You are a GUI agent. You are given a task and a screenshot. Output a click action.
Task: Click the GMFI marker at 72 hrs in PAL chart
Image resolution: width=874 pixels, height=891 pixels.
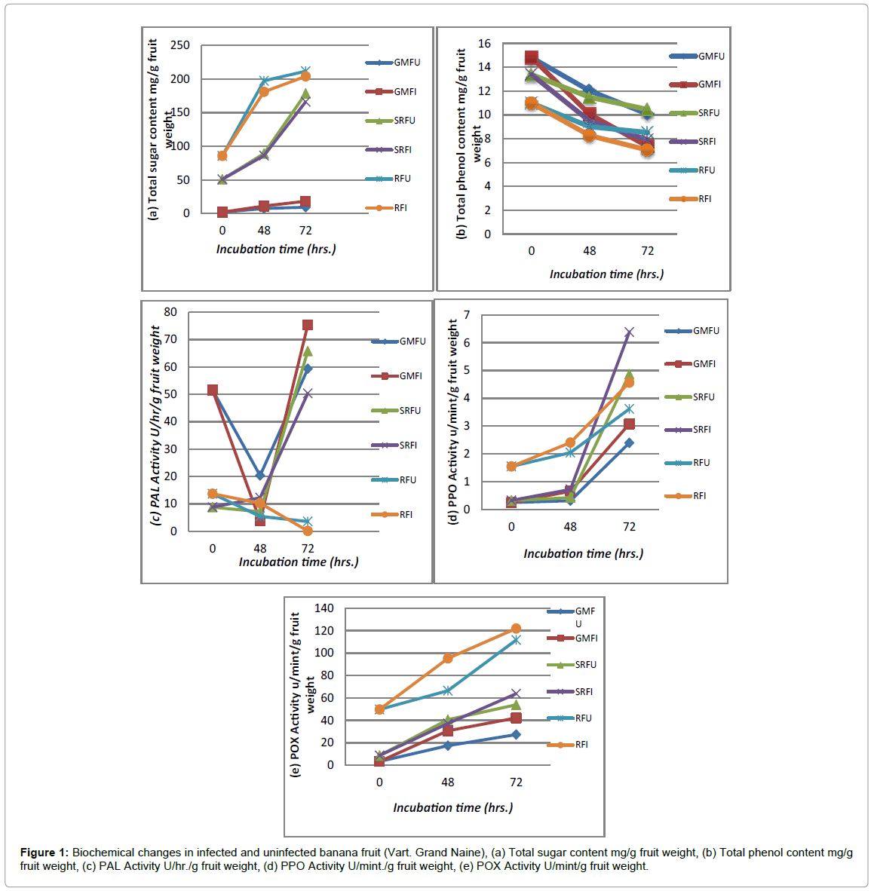tap(308, 326)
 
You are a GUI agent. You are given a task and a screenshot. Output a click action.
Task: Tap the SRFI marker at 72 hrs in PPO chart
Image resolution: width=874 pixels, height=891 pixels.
tap(629, 332)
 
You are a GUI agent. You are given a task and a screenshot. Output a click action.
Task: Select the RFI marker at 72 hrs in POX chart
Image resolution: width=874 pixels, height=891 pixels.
tap(516, 629)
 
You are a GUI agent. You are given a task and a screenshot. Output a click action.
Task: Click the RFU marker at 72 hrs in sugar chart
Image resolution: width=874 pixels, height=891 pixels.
tap(305, 71)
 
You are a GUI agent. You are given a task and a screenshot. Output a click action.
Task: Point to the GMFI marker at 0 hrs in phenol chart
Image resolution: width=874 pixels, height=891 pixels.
tap(532, 57)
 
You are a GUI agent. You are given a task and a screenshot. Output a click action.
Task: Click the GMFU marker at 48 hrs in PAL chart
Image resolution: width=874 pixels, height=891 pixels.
tap(260, 475)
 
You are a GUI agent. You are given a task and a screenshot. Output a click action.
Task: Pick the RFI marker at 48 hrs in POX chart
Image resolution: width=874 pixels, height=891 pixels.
tap(448, 658)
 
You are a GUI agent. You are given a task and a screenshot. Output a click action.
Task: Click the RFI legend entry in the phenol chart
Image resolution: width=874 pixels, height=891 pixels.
tap(691, 199)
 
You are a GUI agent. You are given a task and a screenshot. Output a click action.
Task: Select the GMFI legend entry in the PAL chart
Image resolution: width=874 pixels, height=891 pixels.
tap(397, 376)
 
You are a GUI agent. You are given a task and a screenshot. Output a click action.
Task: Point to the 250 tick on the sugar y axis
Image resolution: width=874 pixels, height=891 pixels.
tap(180, 45)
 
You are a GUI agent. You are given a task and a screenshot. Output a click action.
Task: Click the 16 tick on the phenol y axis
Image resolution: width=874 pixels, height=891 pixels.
tap(484, 44)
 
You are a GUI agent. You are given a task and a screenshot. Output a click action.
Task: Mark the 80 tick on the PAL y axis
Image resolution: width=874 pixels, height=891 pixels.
tap(170, 312)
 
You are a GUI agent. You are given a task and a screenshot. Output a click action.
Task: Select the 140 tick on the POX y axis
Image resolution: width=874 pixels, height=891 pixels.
tap(324, 608)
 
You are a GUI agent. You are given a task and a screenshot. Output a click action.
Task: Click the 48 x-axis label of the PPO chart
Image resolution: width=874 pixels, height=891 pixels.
tap(570, 527)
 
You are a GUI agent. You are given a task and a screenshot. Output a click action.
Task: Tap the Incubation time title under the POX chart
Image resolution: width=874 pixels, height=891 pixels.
tap(452, 807)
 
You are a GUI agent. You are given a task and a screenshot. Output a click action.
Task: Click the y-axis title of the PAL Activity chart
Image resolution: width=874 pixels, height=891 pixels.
tap(155, 425)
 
